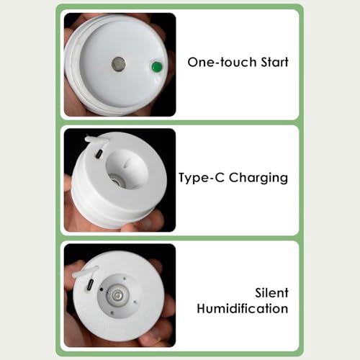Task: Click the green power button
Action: (x=156, y=67)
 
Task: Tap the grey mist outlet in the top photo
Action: (x=118, y=64)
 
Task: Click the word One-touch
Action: (x=222, y=62)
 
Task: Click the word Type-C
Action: (x=202, y=178)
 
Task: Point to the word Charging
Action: (x=258, y=178)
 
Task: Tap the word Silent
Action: (x=271, y=293)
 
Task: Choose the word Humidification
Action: (x=243, y=308)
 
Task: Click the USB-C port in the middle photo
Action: (x=99, y=154)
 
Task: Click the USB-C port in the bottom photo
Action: (x=91, y=284)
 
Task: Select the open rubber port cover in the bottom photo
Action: (x=85, y=272)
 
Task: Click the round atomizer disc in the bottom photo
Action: (x=117, y=294)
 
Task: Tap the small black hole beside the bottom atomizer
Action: (x=102, y=289)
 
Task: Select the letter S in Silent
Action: (x=258, y=293)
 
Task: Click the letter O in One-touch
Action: (x=193, y=63)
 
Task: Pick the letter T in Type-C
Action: (x=183, y=177)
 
